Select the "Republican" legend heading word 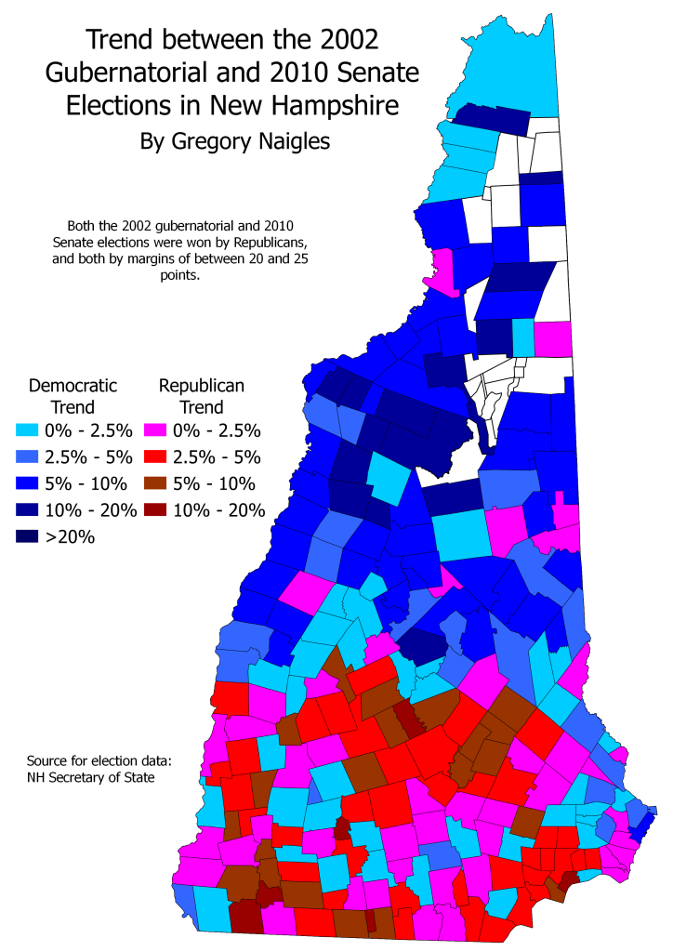click(x=203, y=385)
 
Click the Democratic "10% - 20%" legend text click(x=92, y=510)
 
